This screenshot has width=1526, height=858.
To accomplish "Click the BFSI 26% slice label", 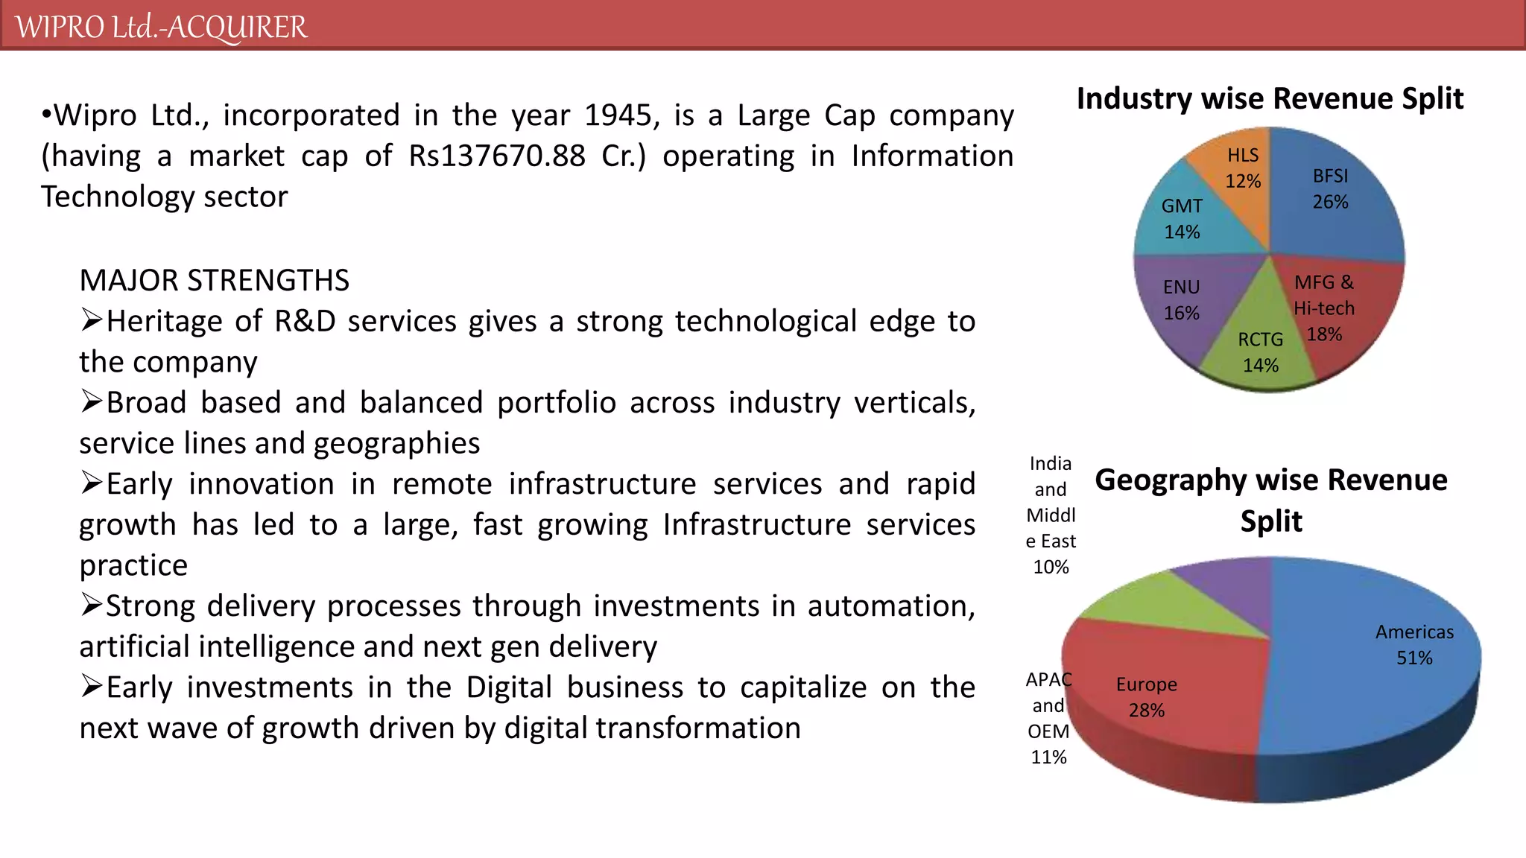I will tap(1330, 189).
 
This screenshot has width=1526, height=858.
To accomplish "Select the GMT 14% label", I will tap(1182, 219).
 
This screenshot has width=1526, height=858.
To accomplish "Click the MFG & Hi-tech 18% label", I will tap(1324, 308).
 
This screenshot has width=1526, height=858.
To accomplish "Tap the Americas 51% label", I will tap(1414, 645).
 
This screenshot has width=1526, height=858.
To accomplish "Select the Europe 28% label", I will tap(1146, 697).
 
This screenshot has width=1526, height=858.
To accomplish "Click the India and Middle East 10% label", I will tap(1051, 515).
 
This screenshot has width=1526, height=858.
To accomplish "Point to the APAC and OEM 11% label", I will tap(1048, 718).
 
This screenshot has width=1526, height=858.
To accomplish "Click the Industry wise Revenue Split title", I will tap(1270, 99).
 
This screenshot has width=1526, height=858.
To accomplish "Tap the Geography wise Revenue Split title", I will tap(1271, 500).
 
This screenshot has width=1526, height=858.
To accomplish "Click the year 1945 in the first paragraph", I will tap(617, 115).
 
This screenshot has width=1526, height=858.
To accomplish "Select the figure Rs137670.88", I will tap(497, 156).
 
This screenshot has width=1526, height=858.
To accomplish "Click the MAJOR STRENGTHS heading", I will tap(214, 281).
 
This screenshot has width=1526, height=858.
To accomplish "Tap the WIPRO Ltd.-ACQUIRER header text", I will tap(161, 27).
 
